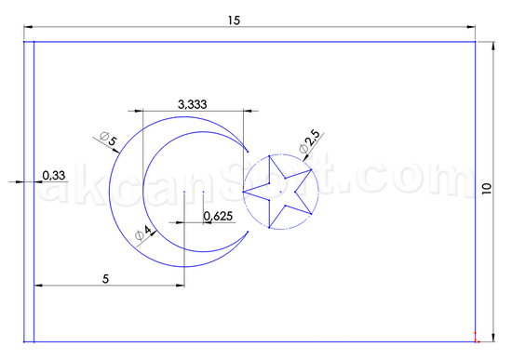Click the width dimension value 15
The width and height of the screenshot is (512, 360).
[x=234, y=20]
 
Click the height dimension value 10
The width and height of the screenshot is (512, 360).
[x=487, y=189]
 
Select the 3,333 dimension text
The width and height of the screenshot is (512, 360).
[x=193, y=104]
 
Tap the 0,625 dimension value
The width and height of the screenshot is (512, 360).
[x=218, y=216]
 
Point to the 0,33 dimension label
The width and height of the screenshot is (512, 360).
[x=54, y=175]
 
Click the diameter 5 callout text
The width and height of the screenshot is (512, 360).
[x=108, y=139]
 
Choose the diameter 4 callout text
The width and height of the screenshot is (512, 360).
[x=143, y=233]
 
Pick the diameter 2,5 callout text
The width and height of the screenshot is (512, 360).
[x=309, y=141]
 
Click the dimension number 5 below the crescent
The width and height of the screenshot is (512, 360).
[x=105, y=279]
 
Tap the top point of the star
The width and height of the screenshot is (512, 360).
[x=269, y=156]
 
